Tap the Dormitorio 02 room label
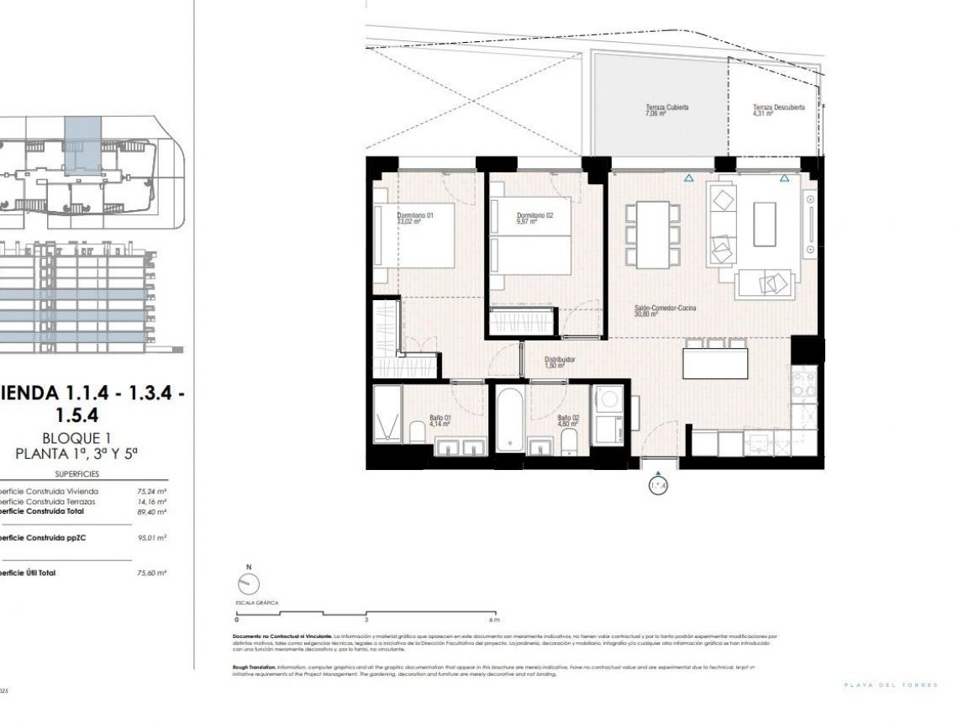pos(534,219)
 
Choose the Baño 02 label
pos(568,421)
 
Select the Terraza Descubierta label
pos(778,110)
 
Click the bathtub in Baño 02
pos(508,417)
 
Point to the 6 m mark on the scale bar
pos(497,620)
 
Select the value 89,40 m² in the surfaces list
pos(151,512)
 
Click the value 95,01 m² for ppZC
pos(151,538)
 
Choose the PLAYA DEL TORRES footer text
pos(890,685)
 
